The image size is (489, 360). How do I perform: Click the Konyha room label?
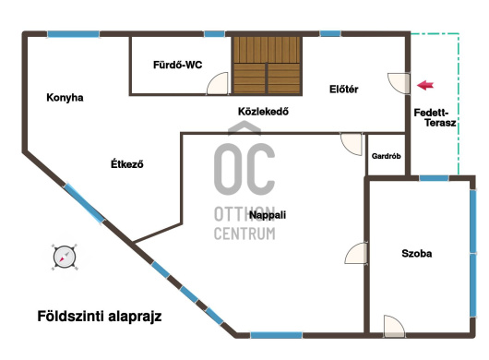click(65, 98)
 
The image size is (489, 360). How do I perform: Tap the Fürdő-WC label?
click(177, 65)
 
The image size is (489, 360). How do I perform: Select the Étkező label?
click(127, 163)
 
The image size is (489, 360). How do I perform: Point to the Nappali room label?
click(268, 215)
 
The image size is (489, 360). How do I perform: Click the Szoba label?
click(417, 253)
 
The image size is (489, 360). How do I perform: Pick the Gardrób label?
click(386, 156)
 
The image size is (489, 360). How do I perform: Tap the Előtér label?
click(343, 90)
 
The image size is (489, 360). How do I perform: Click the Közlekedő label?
click(263, 112)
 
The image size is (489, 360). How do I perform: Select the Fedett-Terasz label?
click(435, 117)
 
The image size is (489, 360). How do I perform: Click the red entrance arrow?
click(425, 85)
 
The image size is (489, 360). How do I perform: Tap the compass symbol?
click(65, 257)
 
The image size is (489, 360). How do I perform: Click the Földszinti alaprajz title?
click(100, 316)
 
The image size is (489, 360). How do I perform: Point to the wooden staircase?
click(267, 66)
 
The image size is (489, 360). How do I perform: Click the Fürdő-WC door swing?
click(218, 83)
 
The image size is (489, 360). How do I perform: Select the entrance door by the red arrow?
click(400, 83)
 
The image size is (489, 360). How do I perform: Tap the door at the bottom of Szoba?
click(394, 327)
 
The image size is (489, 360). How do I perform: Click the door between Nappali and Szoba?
click(356, 254)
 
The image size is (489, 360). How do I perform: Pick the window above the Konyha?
click(73, 34)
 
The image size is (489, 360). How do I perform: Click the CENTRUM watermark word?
click(244, 234)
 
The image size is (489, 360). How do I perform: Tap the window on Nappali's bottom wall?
click(276, 335)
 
